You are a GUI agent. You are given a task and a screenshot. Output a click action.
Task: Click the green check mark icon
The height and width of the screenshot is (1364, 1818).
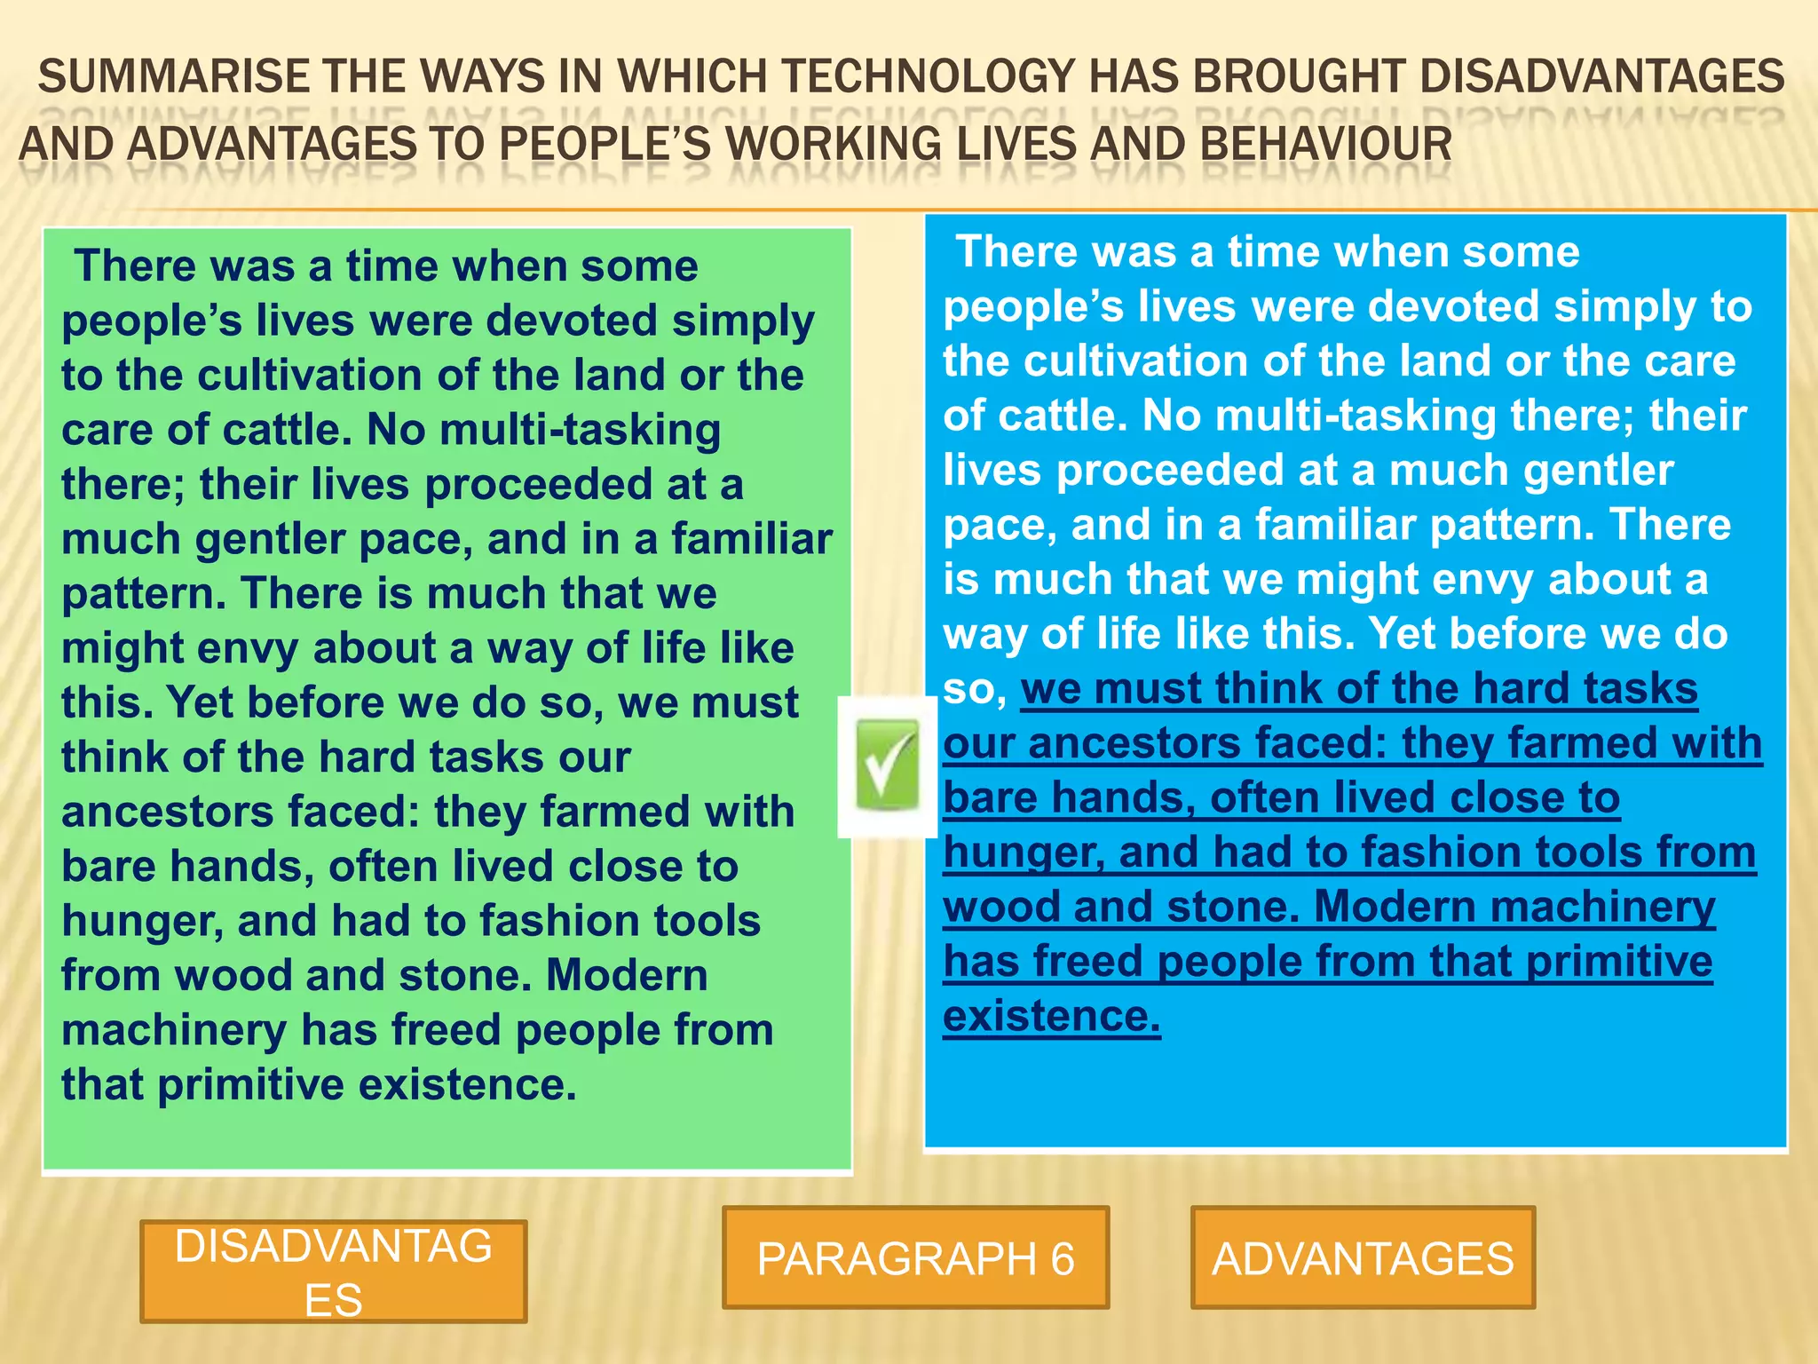click(x=887, y=765)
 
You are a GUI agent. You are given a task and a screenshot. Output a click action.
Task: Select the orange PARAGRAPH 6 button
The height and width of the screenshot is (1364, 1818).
click(x=915, y=1257)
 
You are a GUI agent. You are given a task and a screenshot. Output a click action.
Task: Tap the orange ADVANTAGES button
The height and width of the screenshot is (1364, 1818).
click(x=1363, y=1257)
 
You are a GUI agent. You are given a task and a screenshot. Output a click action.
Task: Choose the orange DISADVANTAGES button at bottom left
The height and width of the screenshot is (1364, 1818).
click(x=333, y=1272)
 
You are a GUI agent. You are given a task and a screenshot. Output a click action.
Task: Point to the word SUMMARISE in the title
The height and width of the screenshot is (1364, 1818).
click(x=173, y=76)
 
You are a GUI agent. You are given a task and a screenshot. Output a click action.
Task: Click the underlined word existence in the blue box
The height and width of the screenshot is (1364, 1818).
click(x=1051, y=1016)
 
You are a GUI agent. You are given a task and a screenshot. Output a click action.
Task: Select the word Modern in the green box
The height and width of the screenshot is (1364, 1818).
click(x=627, y=975)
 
